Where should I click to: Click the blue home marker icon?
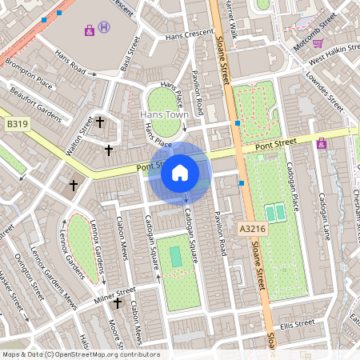tap(180, 173)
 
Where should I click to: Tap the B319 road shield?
tap(17, 125)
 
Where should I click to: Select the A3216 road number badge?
tap(251, 229)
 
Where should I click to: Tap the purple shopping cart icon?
tap(89, 31)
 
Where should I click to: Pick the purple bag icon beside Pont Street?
tap(322, 144)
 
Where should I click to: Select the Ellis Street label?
tap(298, 324)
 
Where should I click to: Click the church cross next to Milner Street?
tap(118, 302)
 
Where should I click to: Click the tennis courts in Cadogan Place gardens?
tap(274, 213)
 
